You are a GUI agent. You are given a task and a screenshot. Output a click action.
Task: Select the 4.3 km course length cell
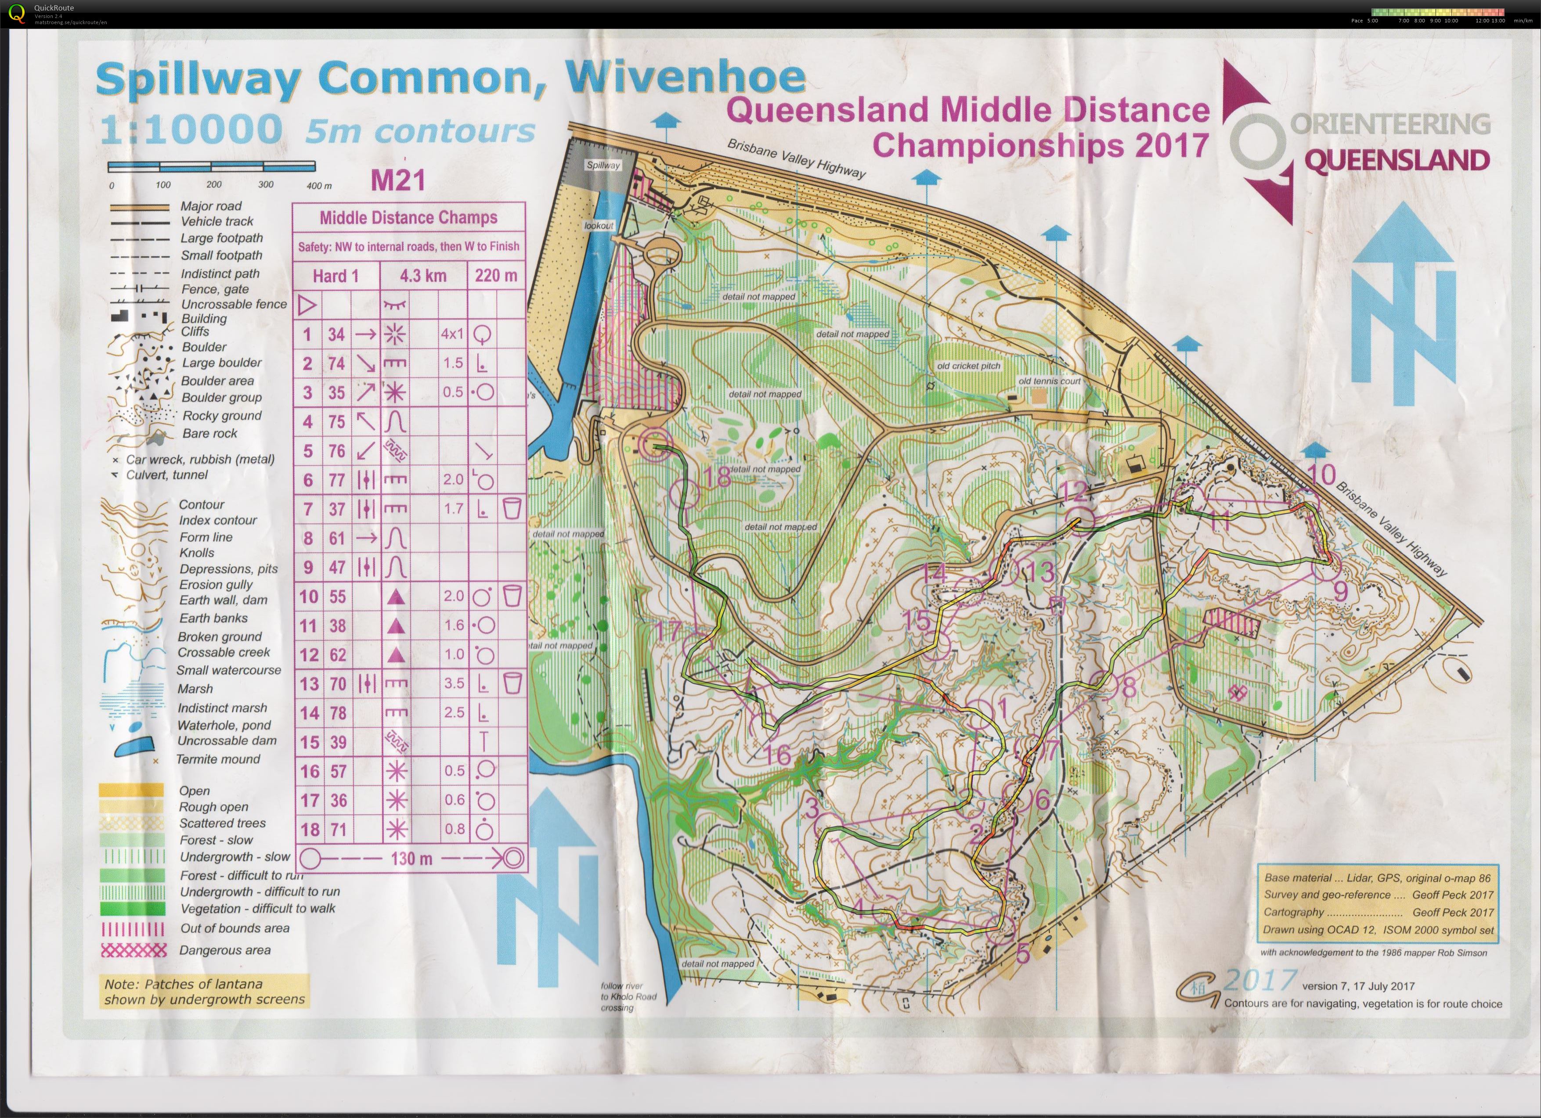coord(422,276)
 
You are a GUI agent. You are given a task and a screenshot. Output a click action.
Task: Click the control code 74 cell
coord(336,363)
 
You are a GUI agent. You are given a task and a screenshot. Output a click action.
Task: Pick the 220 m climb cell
coord(496,276)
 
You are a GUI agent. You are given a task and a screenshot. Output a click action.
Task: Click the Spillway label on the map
coord(603,165)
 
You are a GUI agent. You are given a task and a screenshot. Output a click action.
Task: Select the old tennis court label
coord(1049,381)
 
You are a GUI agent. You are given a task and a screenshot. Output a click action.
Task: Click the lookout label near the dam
coord(599,226)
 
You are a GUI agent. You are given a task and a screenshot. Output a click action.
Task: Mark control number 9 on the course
coord(1340,591)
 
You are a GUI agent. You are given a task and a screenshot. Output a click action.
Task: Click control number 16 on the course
coord(779,755)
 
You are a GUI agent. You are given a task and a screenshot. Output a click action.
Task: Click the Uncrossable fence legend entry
coord(233,304)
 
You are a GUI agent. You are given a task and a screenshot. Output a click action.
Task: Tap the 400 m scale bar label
coord(319,185)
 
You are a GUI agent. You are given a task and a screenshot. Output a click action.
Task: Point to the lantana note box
coord(204,992)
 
